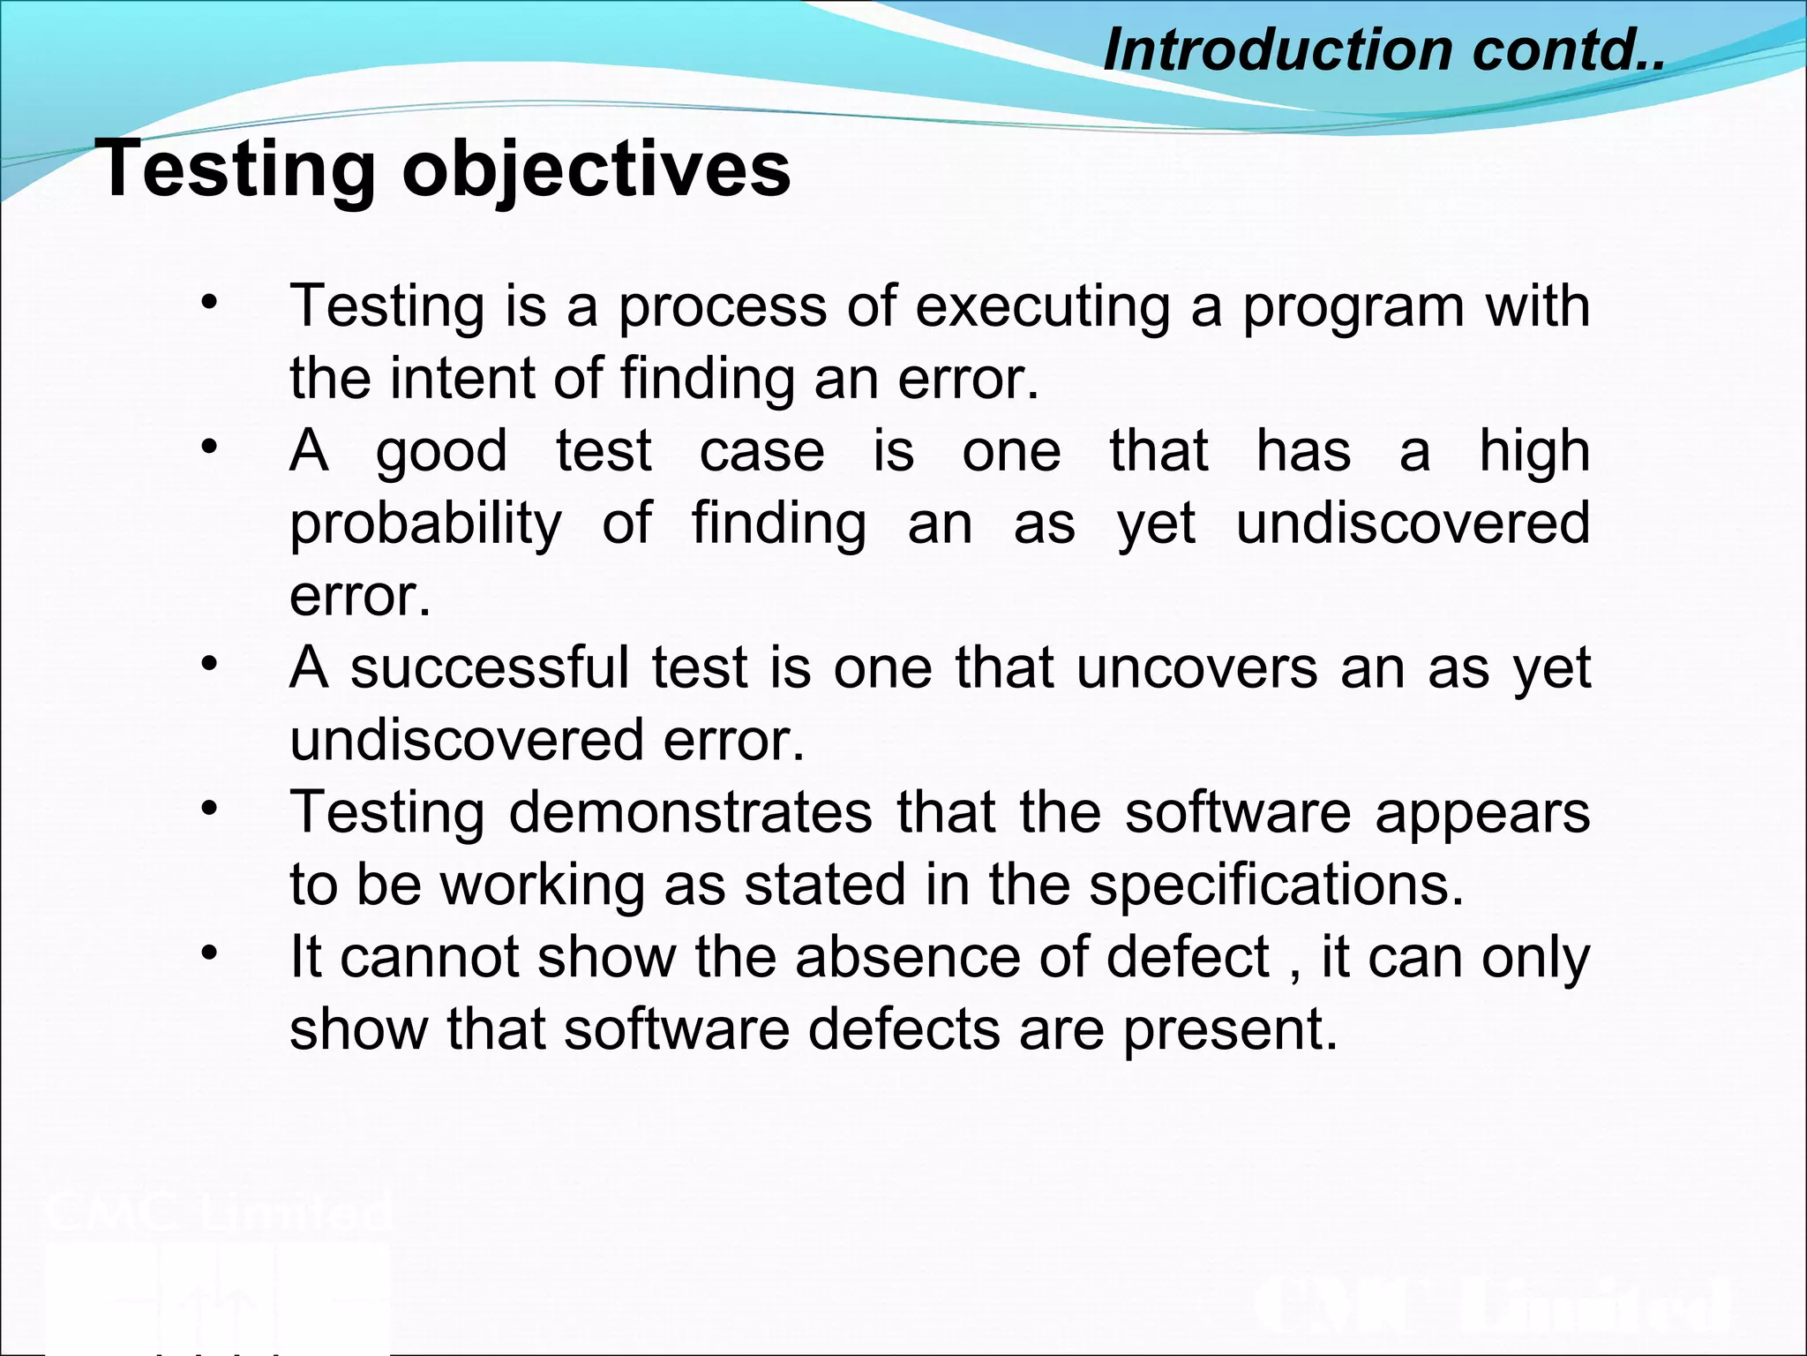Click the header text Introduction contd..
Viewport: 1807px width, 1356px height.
click(x=1383, y=49)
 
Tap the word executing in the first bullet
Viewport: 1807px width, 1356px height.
click(x=1042, y=306)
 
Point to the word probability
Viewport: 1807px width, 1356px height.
click(x=425, y=525)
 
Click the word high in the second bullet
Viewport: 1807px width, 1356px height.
click(x=1534, y=453)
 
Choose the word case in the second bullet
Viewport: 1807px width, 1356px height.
click(x=761, y=451)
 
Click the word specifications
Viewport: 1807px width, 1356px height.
click(x=1276, y=886)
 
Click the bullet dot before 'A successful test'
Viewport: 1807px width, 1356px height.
click(x=208, y=663)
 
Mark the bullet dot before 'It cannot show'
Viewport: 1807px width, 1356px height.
click(x=208, y=953)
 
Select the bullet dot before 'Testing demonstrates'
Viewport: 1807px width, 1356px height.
click(x=208, y=808)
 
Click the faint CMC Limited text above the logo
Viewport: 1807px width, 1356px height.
click(x=219, y=1212)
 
